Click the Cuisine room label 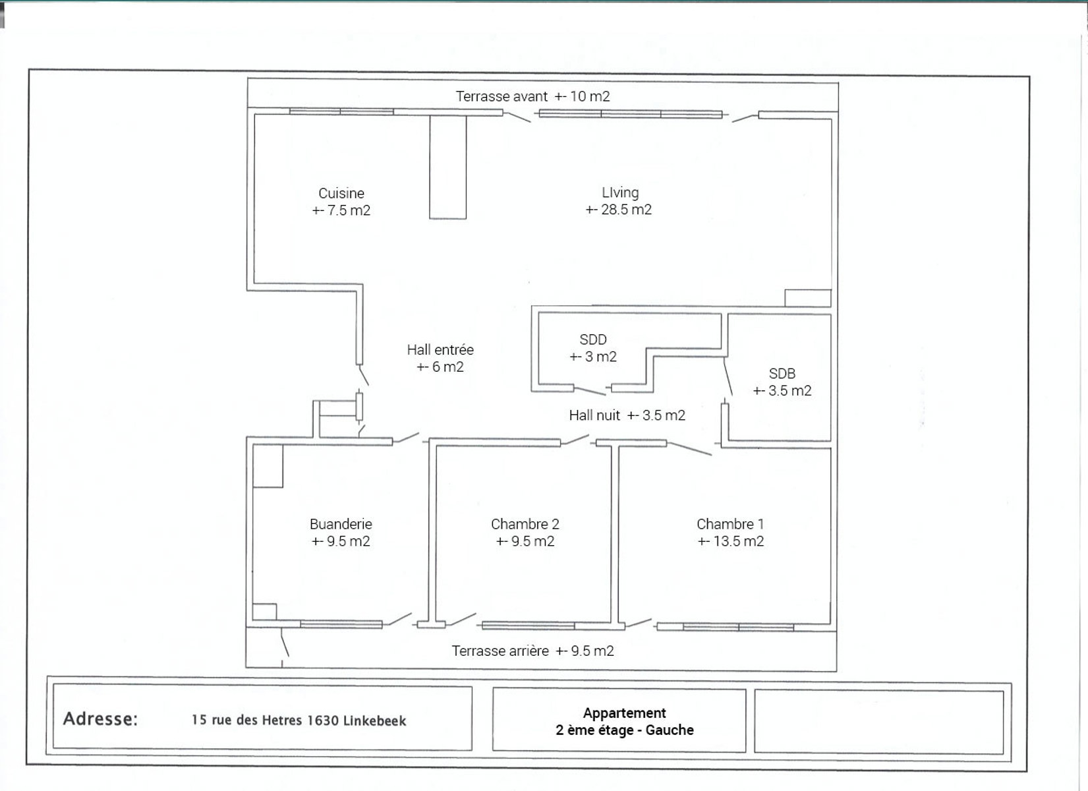(341, 193)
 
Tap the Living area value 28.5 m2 (619, 210)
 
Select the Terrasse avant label (501, 96)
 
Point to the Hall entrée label (440, 350)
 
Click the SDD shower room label (593, 339)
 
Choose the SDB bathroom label (782, 374)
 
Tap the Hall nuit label (594, 415)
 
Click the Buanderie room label (341, 524)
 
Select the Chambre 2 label (525, 524)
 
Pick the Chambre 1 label (731, 524)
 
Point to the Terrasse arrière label (500, 651)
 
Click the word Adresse (101, 719)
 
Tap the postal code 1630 (322, 720)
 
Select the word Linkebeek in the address (374, 720)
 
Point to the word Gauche (670, 730)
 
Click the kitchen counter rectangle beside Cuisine (448, 167)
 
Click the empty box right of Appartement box (878, 722)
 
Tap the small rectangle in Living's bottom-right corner (808, 299)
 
